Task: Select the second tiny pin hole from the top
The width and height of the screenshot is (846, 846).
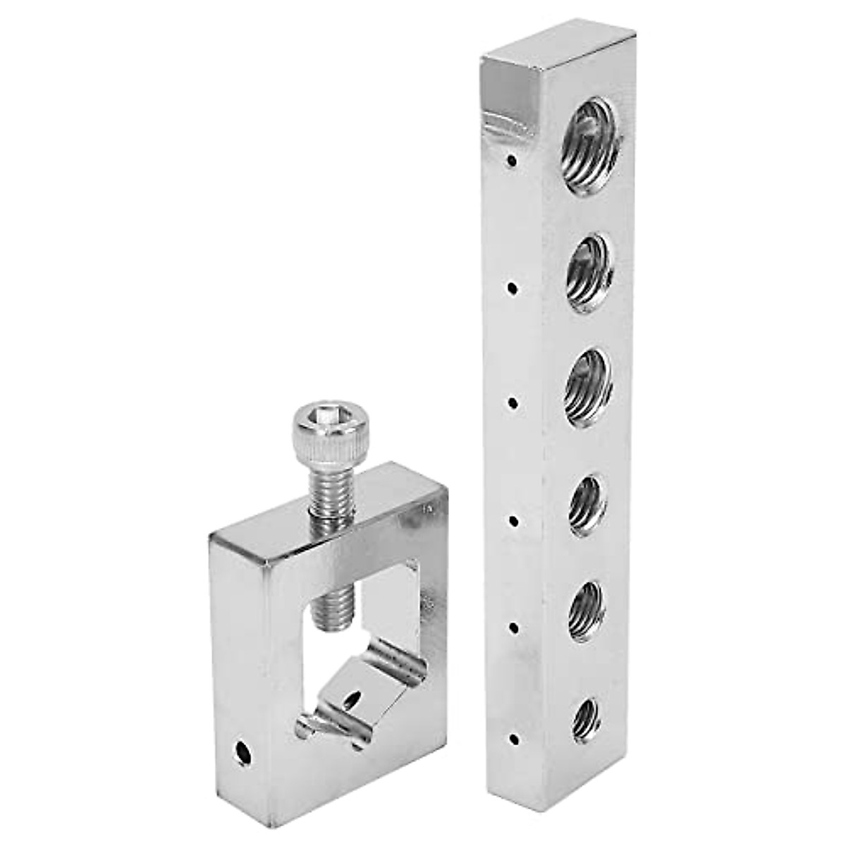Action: click(x=513, y=288)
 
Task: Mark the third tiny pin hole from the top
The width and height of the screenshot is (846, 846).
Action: click(x=513, y=403)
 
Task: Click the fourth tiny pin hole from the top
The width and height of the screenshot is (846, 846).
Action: click(x=513, y=522)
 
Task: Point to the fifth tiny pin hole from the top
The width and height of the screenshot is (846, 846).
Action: click(x=513, y=627)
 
